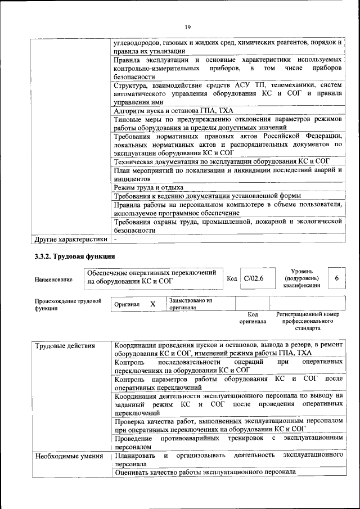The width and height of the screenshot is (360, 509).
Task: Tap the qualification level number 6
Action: [336, 278]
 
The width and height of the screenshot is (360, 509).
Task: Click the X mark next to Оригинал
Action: [152, 304]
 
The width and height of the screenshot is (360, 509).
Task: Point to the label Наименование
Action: [53, 280]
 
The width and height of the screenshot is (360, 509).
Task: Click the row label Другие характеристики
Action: [71, 239]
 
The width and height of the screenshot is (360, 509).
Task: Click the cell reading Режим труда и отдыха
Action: [148, 187]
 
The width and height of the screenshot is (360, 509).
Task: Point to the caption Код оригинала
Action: [252, 318]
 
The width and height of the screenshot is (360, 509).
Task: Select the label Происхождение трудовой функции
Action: [68, 304]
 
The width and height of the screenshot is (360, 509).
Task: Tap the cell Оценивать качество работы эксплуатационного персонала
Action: [205, 472]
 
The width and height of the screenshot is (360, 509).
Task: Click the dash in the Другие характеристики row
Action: [115, 239]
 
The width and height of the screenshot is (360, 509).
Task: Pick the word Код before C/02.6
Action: [232, 278]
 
